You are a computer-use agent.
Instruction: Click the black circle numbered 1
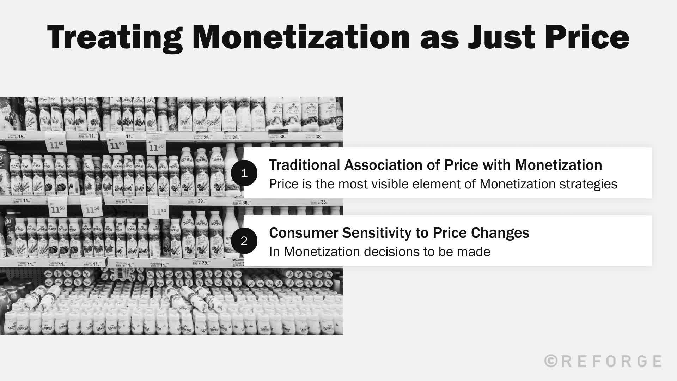[x=244, y=173]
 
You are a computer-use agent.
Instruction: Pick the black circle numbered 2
[x=244, y=241]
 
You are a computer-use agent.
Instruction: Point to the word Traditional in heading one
[x=305, y=165]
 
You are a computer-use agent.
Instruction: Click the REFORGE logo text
[x=610, y=361]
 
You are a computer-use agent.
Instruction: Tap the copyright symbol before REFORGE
[x=550, y=361]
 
